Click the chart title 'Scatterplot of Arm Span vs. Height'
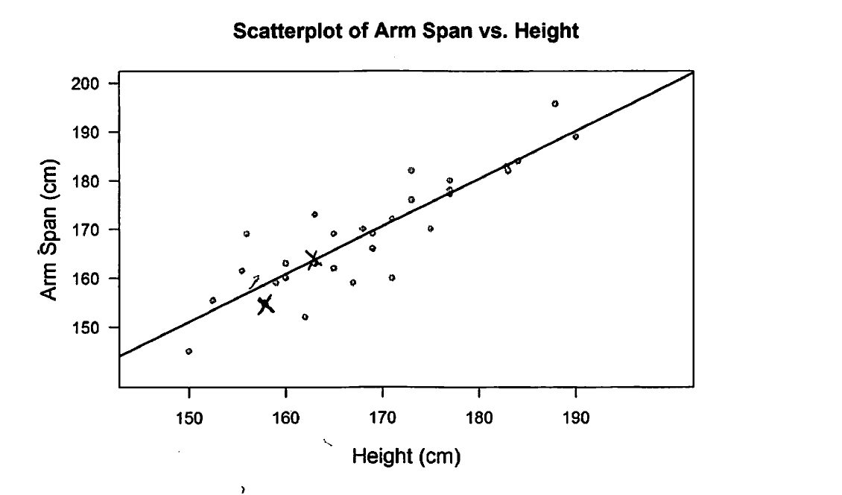(406, 31)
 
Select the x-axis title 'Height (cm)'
(406, 455)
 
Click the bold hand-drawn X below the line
(265, 304)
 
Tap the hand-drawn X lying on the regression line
(313, 259)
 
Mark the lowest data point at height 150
(189, 351)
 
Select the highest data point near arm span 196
(555, 104)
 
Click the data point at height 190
(575, 136)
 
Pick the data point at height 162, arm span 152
(305, 317)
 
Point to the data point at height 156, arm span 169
(247, 234)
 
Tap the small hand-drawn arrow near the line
(254, 282)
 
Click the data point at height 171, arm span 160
(392, 277)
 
